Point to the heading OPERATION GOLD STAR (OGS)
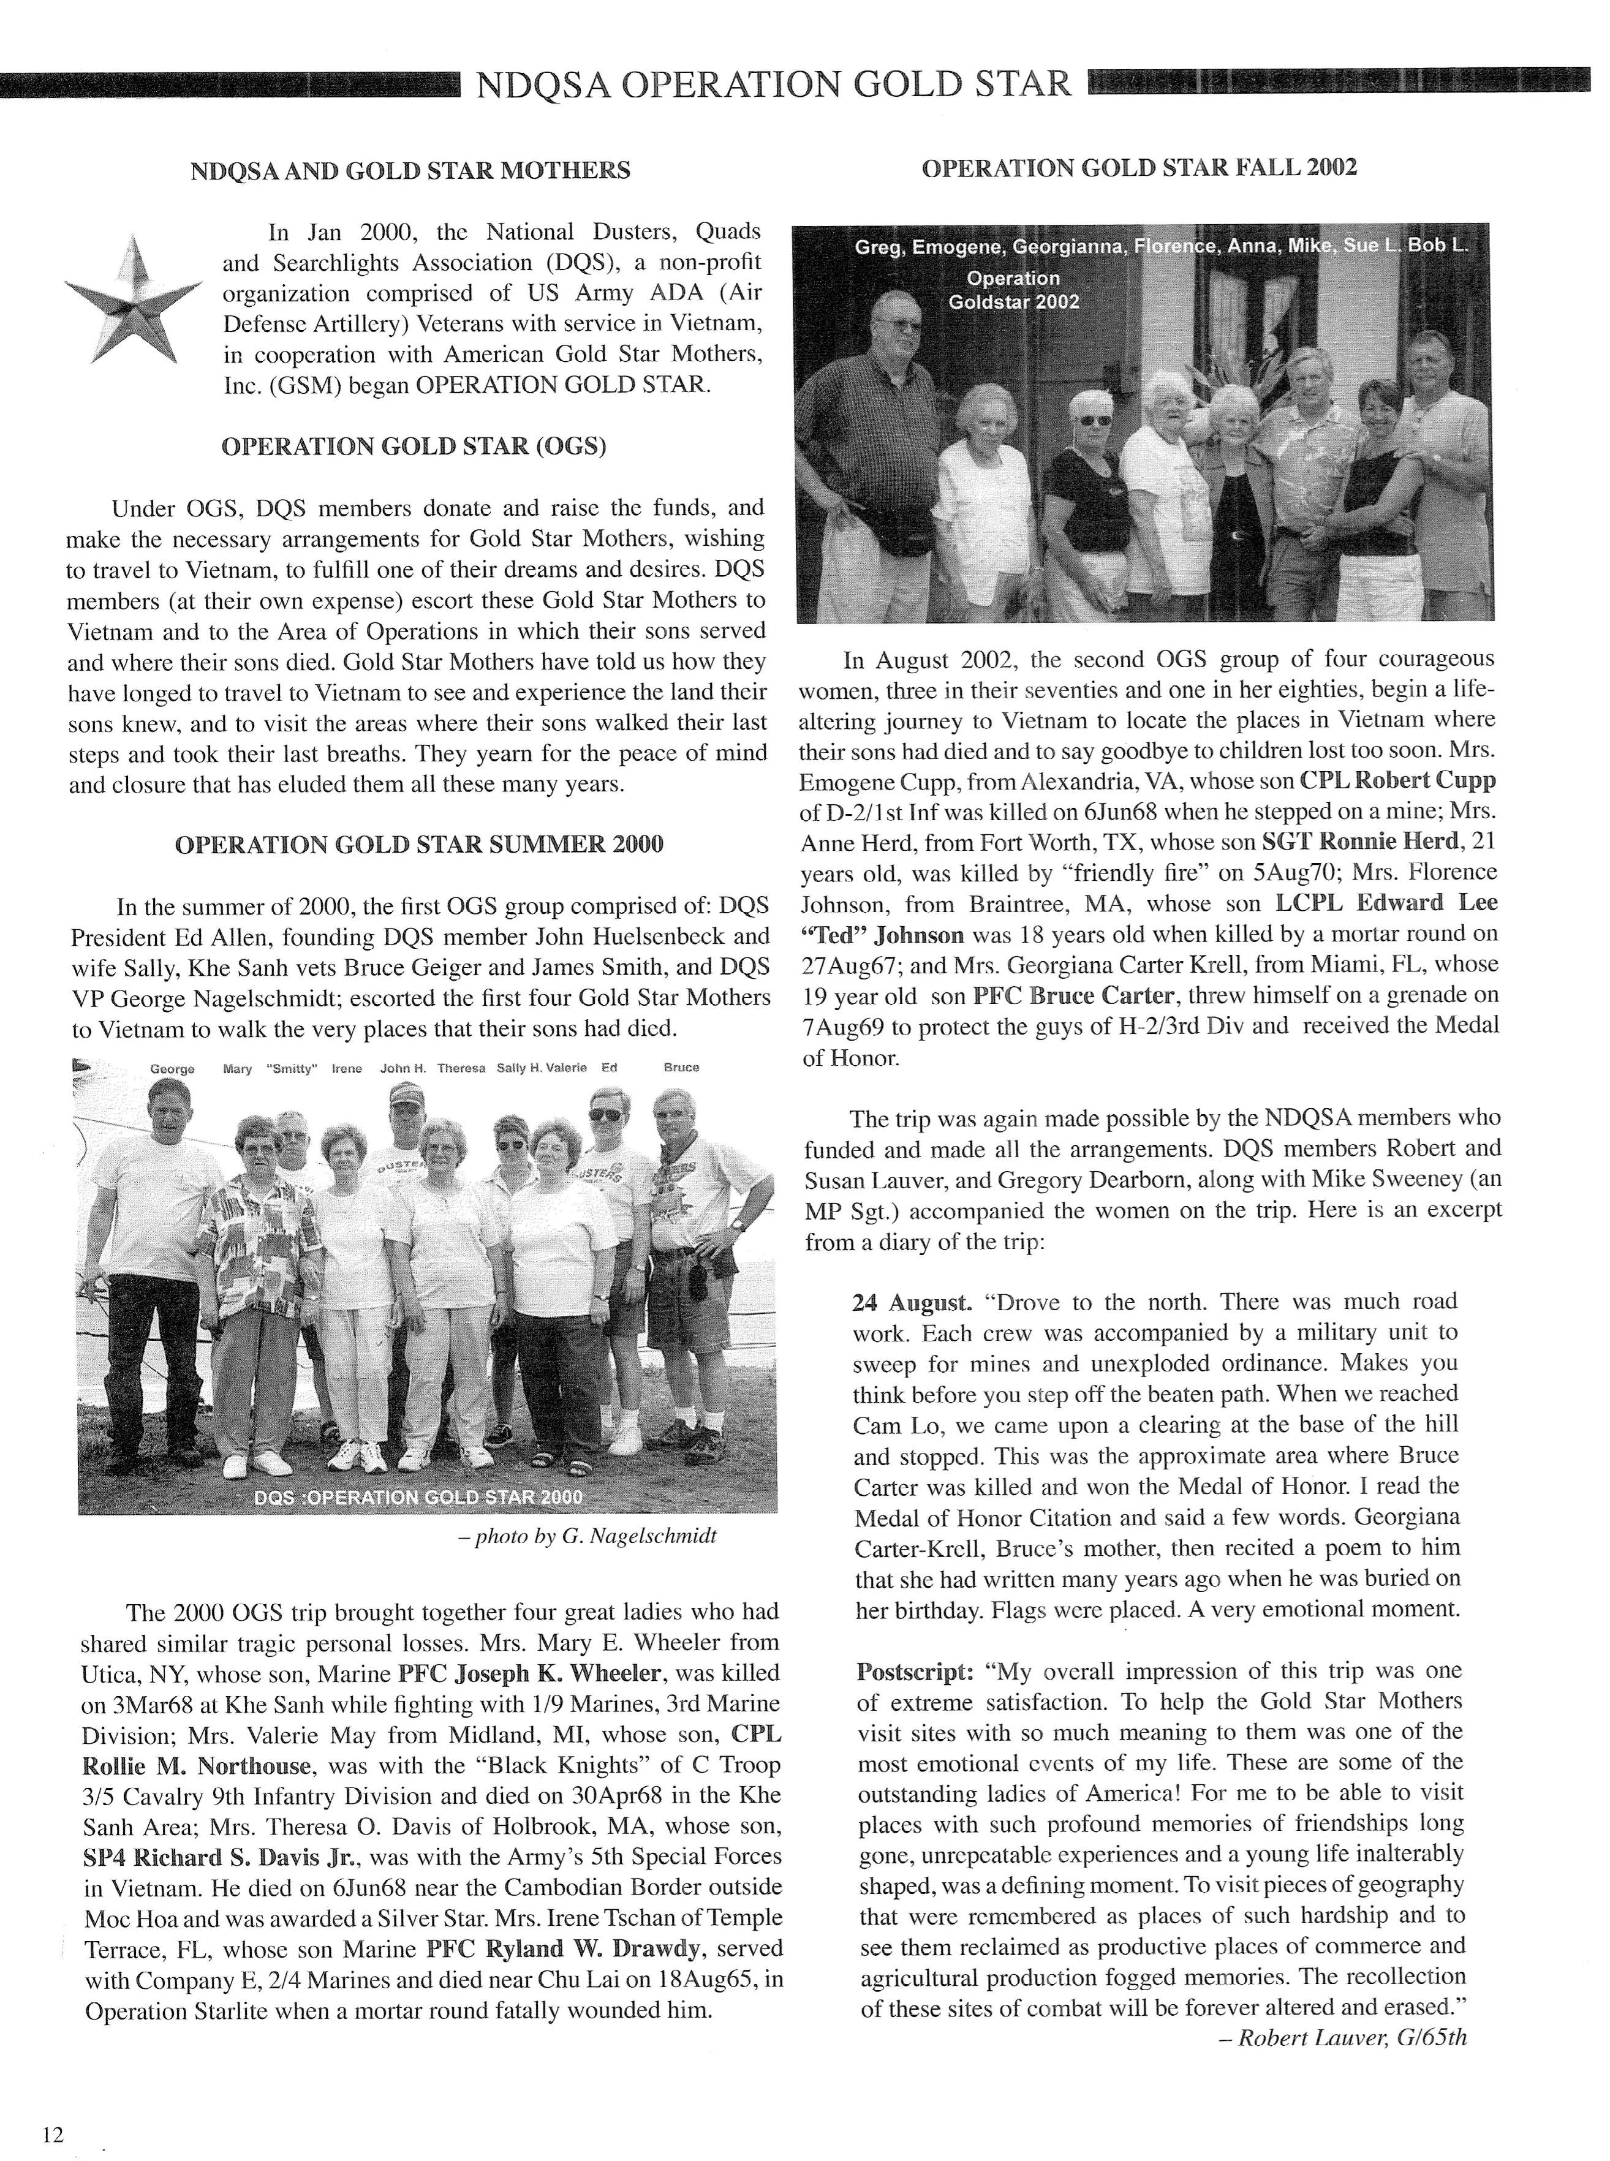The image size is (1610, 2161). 414,447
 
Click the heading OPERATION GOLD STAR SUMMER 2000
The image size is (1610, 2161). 419,843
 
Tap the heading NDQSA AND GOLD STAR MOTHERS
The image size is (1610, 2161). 410,172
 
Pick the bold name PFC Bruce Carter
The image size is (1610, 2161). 1076,996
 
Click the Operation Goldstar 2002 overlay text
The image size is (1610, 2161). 1013,289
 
